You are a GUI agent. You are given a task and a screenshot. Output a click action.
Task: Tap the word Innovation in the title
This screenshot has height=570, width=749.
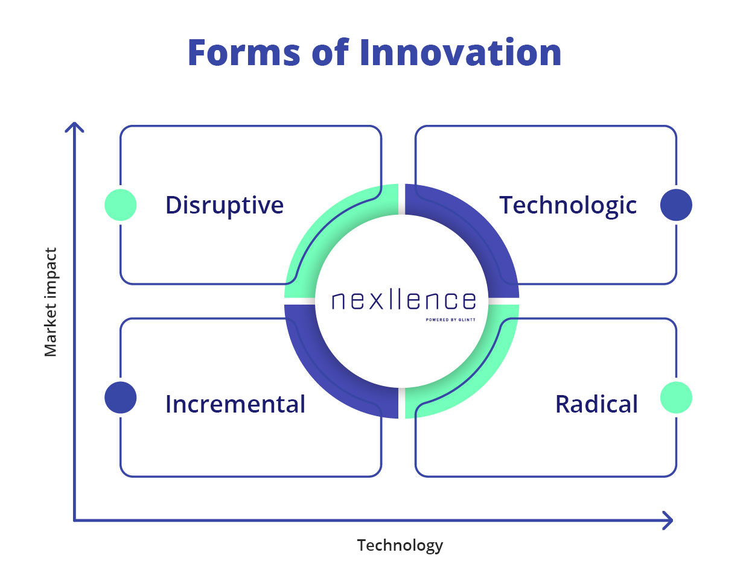point(461,51)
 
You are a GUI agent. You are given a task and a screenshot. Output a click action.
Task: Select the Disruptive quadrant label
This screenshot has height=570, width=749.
point(224,205)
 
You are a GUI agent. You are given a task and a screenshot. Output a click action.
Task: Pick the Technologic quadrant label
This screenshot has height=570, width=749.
point(567,205)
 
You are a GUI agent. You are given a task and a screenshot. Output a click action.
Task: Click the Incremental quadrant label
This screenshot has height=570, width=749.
point(235,404)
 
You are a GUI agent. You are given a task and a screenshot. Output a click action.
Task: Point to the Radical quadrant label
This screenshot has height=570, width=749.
point(596,404)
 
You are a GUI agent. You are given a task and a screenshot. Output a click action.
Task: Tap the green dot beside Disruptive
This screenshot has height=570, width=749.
point(120,204)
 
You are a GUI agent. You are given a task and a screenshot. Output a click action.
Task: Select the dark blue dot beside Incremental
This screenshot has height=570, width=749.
point(120,397)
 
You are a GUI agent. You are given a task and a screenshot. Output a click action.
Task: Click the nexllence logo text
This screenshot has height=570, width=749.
point(403,300)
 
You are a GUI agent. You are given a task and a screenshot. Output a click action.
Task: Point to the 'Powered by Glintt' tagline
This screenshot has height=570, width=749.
point(450,319)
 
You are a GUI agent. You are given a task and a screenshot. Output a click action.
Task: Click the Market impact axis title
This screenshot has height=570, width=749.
point(51,302)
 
